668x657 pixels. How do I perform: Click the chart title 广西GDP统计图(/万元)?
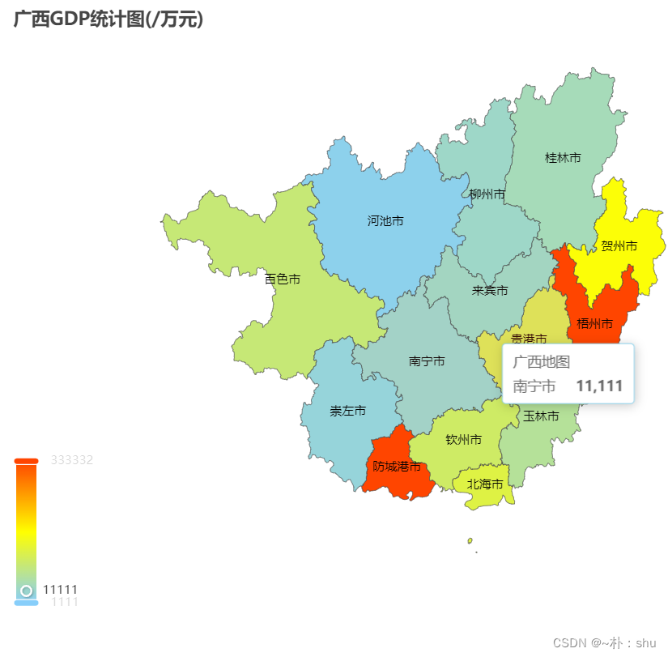(108, 19)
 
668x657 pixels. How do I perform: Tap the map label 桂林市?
(562, 158)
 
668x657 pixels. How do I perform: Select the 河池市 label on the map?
(385, 220)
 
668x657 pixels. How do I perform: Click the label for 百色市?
(283, 279)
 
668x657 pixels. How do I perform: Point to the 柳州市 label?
(487, 194)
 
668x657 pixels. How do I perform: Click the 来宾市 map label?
(490, 290)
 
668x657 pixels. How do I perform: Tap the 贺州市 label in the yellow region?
(619, 245)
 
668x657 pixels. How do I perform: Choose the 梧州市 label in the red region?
(594, 324)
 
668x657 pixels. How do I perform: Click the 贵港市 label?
(528, 338)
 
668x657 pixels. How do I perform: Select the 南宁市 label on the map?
(427, 361)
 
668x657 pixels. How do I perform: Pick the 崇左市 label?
(347, 411)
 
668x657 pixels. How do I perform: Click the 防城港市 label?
(397, 467)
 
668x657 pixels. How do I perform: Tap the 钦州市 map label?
(464, 440)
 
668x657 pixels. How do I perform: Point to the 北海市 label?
(485, 484)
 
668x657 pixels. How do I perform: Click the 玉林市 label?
(541, 416)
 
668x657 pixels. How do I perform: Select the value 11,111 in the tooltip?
(599, 386)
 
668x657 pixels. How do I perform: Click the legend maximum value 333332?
(72, 460)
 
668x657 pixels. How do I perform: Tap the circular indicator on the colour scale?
(26, 591)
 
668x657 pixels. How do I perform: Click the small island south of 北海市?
(470, 540)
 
